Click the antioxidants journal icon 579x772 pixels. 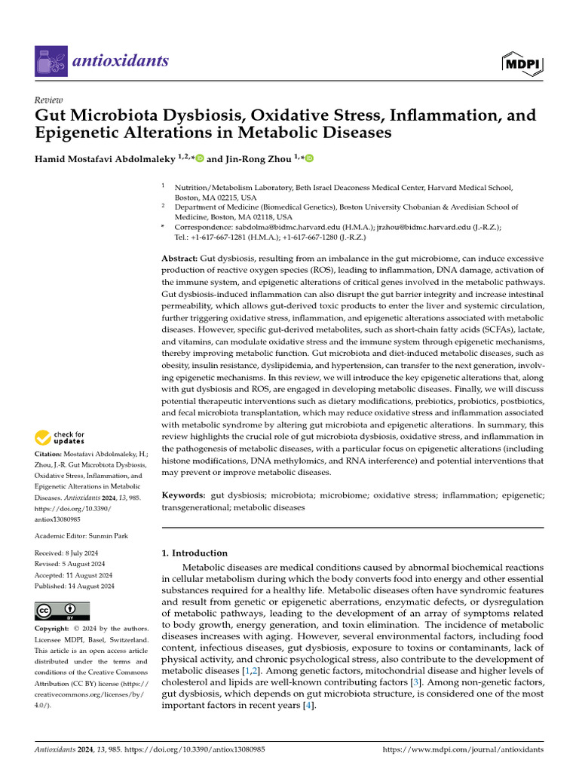click(51, 61)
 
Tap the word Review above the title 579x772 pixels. click(49, 100)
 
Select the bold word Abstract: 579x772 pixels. click(179, 258)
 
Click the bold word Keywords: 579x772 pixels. click(183, 495)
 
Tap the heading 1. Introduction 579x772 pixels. click(195, 553)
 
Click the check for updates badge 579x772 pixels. click(60, 437)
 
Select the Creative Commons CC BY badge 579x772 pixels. click(62, 611)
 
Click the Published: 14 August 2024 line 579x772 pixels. click(75, 586)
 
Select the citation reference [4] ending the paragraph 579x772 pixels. click(308, 706)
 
